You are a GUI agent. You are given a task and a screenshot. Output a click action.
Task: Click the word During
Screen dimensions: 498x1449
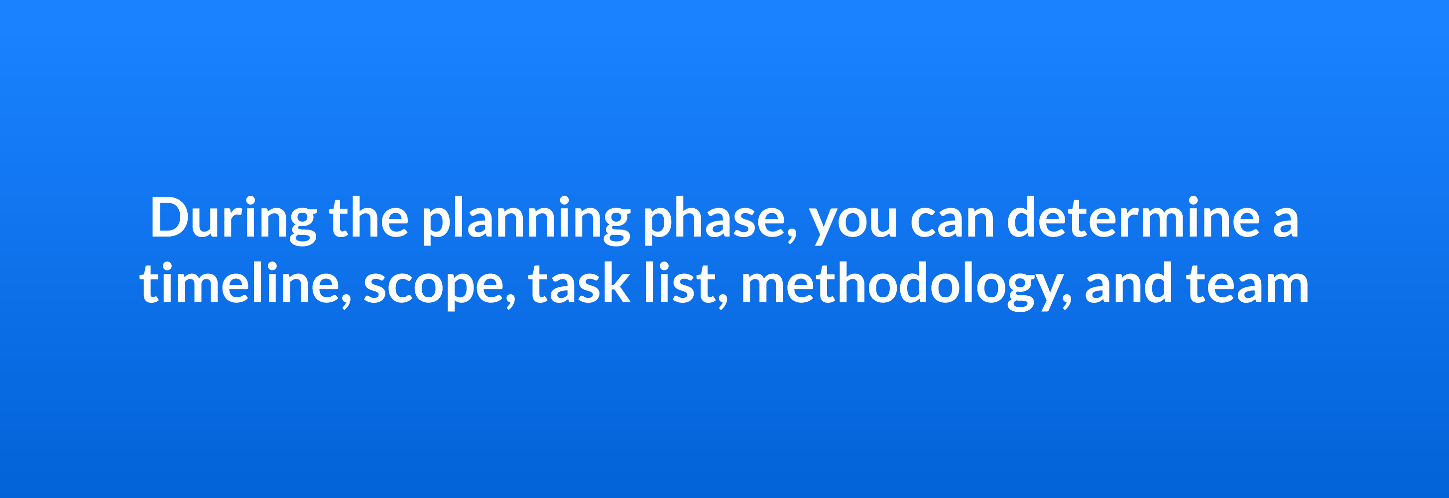[233, 218]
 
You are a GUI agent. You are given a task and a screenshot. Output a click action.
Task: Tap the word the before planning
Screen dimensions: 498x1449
[368, 218]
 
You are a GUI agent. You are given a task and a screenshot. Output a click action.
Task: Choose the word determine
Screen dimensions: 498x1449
[1133, 218]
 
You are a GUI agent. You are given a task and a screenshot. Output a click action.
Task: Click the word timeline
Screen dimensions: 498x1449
[239, 284]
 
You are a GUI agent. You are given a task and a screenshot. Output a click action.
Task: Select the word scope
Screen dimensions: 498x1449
[434, 287]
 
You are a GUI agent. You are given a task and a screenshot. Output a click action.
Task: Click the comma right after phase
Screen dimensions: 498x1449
[792, 237]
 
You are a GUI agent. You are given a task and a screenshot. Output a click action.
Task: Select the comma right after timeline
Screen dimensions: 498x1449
[346, 303]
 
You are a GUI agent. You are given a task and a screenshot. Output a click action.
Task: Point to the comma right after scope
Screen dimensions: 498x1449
[510, 303]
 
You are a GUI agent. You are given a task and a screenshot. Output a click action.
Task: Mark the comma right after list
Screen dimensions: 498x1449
[723, 303]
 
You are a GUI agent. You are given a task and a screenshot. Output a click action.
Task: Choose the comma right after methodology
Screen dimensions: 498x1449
[1067, 303]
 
